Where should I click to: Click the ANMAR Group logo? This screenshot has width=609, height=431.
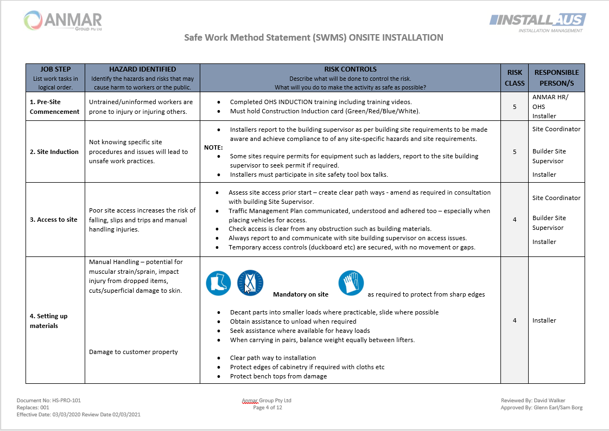63,21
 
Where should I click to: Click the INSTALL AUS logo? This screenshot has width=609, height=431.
537,22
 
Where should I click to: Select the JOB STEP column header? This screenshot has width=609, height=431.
55,69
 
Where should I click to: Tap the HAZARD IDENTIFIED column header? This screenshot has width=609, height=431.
142,69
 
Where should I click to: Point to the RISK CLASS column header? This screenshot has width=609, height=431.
515,78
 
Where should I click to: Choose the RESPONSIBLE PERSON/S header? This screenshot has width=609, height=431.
556,78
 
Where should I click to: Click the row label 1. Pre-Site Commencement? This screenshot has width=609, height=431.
54,106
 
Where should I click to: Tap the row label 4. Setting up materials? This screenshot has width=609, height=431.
49,320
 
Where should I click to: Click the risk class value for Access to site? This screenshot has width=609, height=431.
515,220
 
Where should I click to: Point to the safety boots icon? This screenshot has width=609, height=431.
218,283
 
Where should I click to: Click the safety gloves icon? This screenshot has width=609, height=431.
351,283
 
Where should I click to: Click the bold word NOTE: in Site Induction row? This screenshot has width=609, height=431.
213,147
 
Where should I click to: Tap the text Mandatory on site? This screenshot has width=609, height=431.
300,294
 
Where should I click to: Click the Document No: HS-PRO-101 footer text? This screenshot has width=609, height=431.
49,401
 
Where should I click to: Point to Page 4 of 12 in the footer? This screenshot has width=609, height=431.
268,408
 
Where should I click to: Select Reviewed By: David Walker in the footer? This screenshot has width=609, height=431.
532,401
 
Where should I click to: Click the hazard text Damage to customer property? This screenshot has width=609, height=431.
134,352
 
